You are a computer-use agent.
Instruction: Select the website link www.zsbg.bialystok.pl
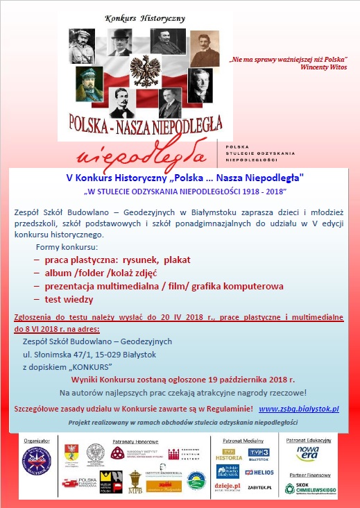coord(299,410)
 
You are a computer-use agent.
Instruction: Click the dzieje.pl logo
coord(228,487)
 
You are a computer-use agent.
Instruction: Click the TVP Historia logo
coord(228,455)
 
